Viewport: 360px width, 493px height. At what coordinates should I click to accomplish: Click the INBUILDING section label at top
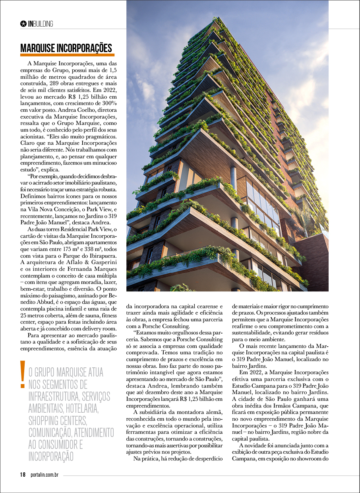(40, 24)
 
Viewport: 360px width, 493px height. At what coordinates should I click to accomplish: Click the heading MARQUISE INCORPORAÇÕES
(66, 49)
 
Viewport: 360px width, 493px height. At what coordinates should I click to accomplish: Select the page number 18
(23, 475)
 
